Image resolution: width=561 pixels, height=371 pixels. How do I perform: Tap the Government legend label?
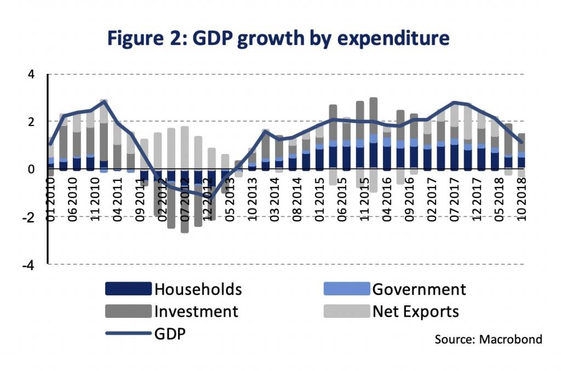419,289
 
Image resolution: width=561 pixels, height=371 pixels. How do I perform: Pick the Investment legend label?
196,311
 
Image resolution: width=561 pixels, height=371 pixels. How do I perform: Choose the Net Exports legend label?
415,311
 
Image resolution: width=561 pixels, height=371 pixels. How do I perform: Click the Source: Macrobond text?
488,340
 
